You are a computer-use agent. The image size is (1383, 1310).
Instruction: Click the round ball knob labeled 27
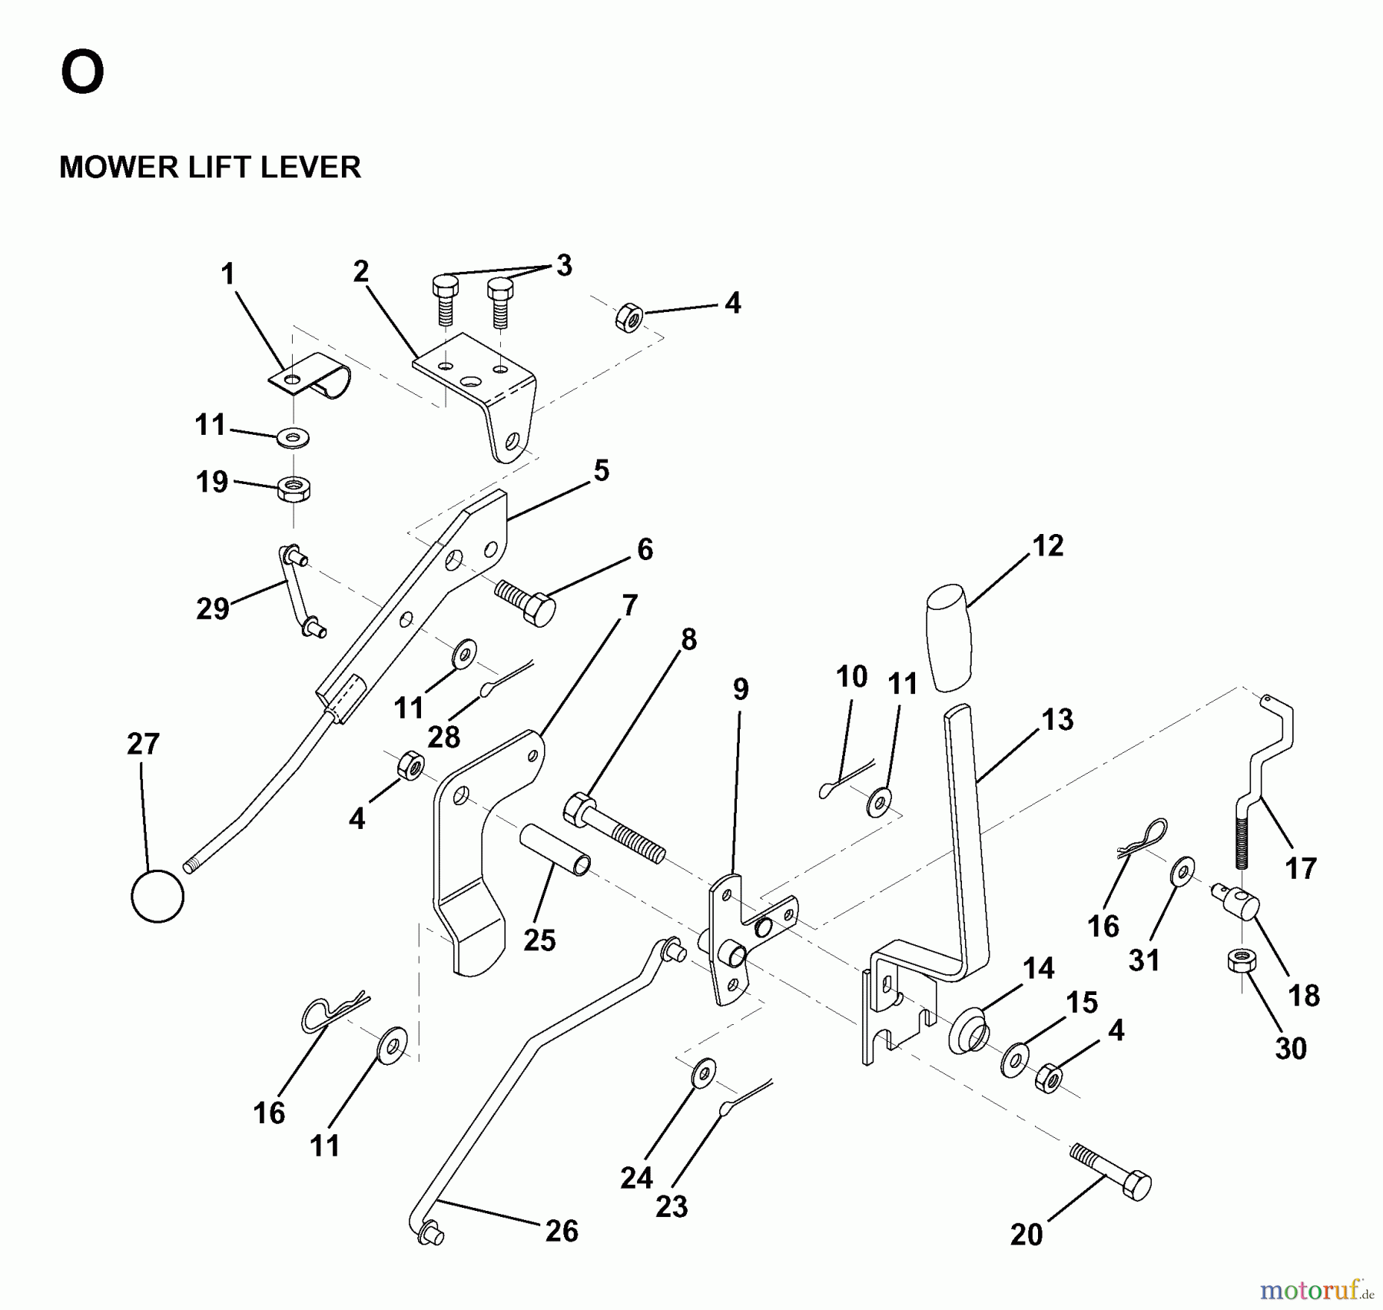[x=158, y=896]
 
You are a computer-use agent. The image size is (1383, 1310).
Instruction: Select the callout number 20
[x=1026, y=1235]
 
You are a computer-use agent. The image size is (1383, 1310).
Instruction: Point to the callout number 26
[x=561, y=1231]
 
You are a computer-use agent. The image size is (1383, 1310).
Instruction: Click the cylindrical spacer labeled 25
[x=555, y=851]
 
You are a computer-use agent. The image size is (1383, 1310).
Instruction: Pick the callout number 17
[x=1300, y=868]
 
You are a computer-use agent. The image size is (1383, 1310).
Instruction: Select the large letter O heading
[x=82, y=73]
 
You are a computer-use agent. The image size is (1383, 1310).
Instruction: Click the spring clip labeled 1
[x=311, y=379]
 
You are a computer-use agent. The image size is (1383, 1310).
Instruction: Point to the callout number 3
[x=564, y=266]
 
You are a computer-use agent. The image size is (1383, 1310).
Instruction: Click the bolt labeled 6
[x=527, y=601]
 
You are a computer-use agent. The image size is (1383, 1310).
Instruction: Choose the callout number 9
[x=740, y=689]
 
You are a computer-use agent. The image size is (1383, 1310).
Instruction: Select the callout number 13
[x=1057, y=720]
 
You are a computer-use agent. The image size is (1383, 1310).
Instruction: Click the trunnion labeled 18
[x=1236, y=899]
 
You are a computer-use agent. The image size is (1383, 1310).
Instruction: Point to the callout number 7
[x=629, y=605]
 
